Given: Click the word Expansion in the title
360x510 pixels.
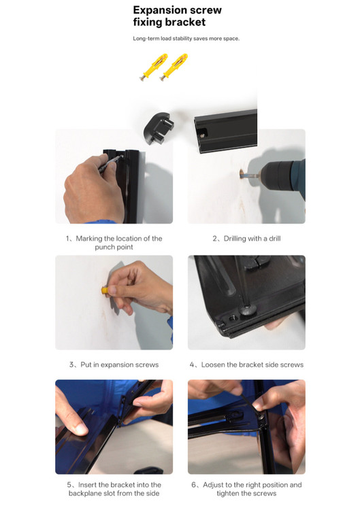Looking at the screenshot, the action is coord(156,10).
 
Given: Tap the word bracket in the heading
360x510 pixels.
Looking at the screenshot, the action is coord(187,22).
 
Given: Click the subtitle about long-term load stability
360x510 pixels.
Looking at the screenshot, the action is coord(186,38).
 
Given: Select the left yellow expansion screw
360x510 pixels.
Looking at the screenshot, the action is coord(153,67).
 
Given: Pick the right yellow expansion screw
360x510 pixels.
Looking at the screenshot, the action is coord(174,67).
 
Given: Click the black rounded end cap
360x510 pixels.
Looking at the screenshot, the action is coord(159,129).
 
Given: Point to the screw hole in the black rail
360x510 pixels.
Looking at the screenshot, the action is coord(203,134).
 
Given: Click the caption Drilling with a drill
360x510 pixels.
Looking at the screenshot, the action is coord(246,239).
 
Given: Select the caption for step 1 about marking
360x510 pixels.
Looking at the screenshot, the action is coord(114,243).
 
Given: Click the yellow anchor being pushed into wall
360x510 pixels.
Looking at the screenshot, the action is coord(105,290).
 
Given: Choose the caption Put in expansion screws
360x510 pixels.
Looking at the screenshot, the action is coord(114,364).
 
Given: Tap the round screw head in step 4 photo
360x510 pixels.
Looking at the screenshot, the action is coord(248,310).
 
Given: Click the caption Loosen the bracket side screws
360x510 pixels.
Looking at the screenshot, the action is coord(246,364).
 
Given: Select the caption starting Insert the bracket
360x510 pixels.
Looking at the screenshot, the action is coord(114,489).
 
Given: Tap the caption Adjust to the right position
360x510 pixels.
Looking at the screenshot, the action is coord(246,489).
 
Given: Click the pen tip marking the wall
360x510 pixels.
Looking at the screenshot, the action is coord(122,156).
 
